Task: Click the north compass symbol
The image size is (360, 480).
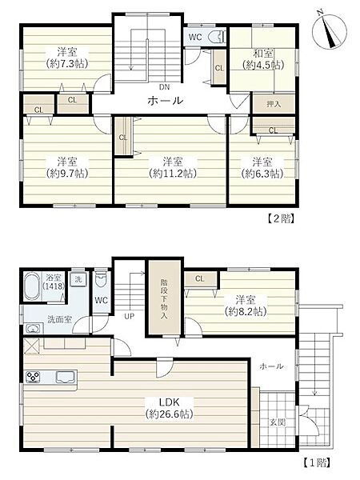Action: coord(329,30)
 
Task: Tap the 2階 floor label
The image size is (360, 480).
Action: coord(281,219)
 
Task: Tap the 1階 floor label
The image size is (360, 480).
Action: coord(317,462)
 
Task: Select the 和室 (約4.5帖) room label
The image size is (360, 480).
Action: coord(263,59)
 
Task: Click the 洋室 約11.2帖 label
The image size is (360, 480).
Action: coord(173,167)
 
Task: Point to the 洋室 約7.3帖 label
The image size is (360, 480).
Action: coord(67,58)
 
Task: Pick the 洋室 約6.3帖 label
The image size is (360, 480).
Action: coord(262,167)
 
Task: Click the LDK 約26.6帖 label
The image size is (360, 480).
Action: coord(170,408)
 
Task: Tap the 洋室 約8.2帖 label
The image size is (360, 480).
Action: coord(246,306)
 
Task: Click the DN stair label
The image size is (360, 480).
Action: coord(164,87)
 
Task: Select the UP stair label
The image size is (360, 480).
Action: coord(129,316)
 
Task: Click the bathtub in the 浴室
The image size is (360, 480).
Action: coord(33,287)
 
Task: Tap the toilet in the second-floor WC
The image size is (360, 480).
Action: coord(217,37)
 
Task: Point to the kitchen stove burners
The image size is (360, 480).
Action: coord(33,377)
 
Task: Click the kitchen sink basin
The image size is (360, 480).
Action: coord(66,377)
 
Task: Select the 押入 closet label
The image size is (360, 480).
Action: coord(274,104)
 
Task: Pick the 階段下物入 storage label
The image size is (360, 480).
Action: coord(164,299)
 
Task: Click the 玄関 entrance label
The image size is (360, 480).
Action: coord(278,422)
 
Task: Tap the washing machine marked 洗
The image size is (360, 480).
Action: coord(78,279)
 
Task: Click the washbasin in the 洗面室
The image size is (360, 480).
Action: coord(33,329)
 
